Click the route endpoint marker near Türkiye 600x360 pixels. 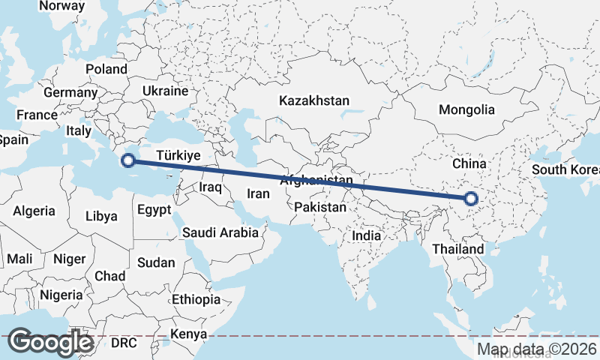click(x=128, y=160)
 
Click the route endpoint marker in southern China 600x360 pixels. click(x=471, y=199)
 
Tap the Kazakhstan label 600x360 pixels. click(x=314, y=100)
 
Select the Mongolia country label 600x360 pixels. click(x=466, y=109)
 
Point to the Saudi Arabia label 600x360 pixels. click(x=220, y=232)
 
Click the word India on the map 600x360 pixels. click(x=367, y=235)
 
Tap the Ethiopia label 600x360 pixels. click(x=196, y=299)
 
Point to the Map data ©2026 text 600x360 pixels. click(x=537, y=349)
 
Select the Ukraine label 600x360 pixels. click(x=165, y=91)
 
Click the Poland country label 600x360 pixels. click(x=106, y=69)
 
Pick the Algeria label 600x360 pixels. click(x=34, y=211)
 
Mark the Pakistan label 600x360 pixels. click(x=320, y=206)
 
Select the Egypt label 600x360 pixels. click(x=154, y=210)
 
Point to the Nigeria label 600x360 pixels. click(x=61, y=295)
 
